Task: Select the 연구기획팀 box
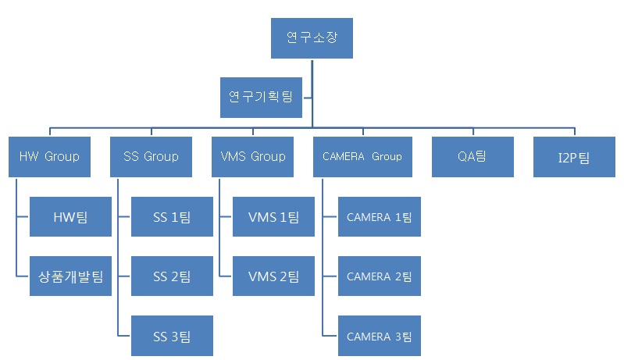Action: point(261,97)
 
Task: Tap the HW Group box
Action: point(49,156)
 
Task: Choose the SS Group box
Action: point(151,156)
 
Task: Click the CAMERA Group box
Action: point(362,156)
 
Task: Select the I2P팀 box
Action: point(574,156)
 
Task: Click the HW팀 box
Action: point(70,216)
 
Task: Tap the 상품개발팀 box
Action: point(70,276)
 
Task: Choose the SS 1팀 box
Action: point(172,216)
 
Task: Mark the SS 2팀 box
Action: point(172,276)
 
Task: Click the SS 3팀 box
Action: point(172,336)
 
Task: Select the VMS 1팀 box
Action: point(273,216)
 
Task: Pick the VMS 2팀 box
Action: point(273,276)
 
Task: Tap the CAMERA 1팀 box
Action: point(379,216)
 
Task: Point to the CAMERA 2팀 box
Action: point(379,276)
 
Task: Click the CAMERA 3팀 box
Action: point(379,336)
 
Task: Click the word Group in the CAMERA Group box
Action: point(387,156)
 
